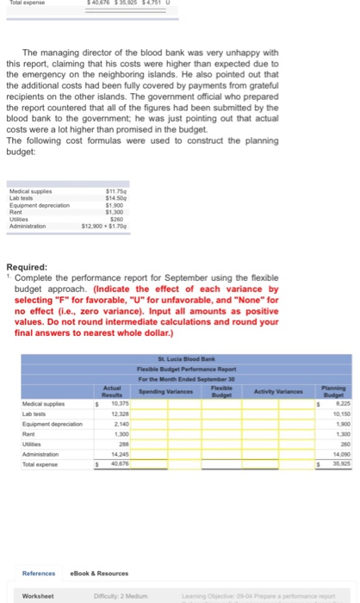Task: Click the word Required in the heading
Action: [x=29, y=269]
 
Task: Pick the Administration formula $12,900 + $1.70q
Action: [x=102, y=226]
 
